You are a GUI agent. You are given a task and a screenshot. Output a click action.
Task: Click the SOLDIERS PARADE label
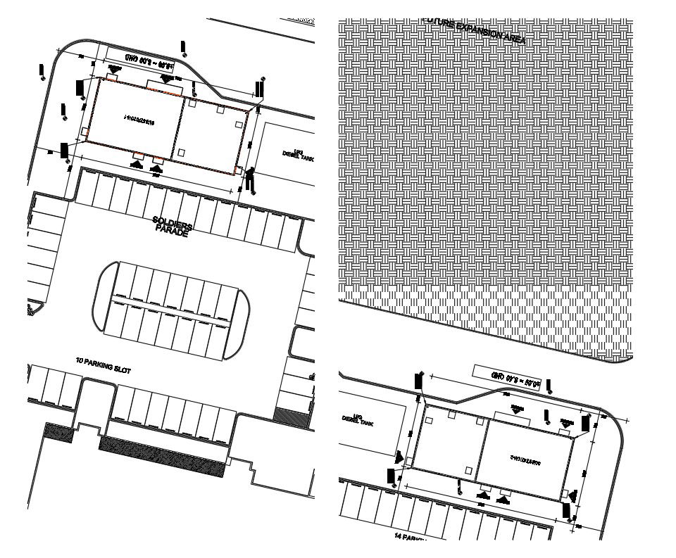click(171, 227)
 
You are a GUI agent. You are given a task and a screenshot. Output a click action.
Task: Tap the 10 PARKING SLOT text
click(103, 364)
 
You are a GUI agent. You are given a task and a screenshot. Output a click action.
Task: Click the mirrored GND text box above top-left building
click(149, 63)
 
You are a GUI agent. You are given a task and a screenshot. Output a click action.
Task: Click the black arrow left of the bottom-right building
click(392, 476)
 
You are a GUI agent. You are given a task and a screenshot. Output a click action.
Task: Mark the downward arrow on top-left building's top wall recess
click(167, 78)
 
